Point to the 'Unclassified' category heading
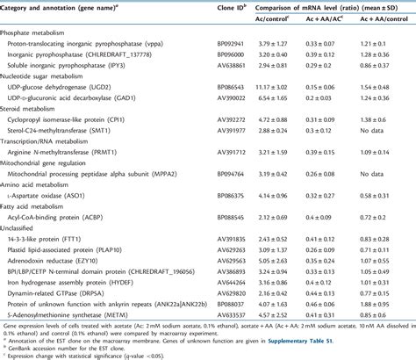25,253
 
